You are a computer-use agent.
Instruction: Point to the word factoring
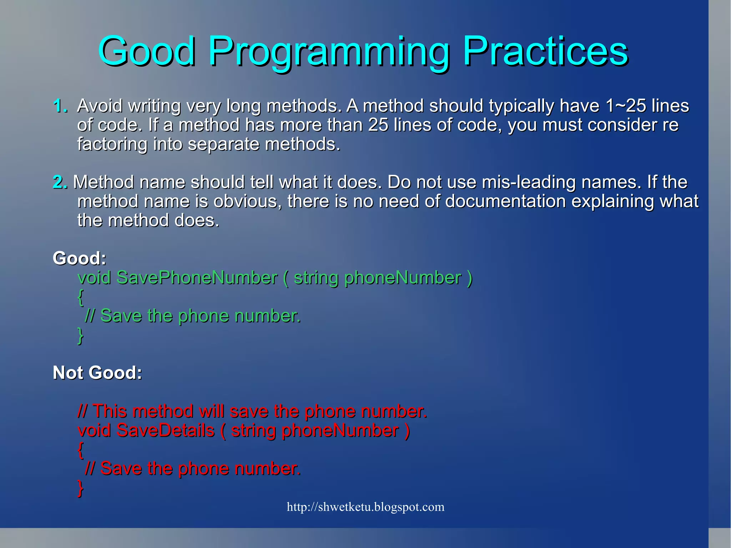(112, 144)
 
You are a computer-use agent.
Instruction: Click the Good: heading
(79, 258)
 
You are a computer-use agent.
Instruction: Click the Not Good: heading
(97, 373)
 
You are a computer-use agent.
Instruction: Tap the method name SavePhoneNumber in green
(197, 277)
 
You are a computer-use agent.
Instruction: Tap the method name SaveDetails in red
(165, 430)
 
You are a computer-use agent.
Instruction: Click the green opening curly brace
(81, 297)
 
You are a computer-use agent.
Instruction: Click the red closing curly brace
(81, 488)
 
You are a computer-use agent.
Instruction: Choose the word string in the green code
(316, 278)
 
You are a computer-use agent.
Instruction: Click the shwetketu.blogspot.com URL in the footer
(365, 507)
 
